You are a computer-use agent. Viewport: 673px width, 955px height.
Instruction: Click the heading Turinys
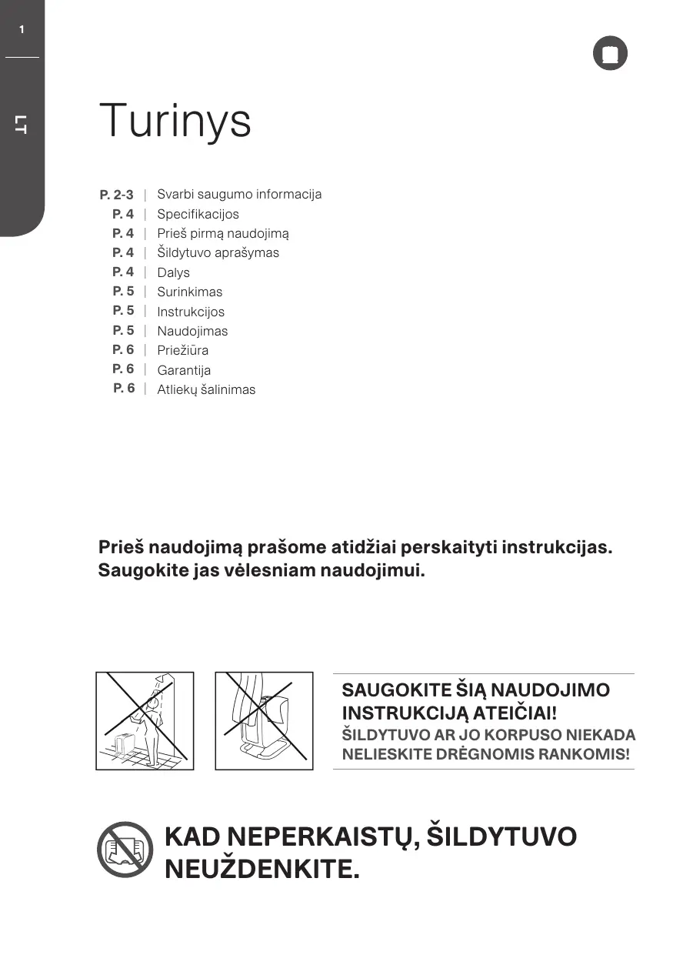click(175, 121)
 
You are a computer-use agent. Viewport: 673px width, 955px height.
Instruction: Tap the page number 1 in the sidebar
click(22, 29)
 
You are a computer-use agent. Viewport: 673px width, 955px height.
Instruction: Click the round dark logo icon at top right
click(610, 54)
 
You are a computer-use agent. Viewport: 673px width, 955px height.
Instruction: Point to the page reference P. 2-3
click(116, 195)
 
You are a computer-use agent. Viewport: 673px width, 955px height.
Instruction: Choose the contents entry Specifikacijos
click(198, 214)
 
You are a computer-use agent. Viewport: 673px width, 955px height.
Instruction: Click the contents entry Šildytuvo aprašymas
click(218, 252)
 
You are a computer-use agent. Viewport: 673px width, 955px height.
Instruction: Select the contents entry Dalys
click(173, 272)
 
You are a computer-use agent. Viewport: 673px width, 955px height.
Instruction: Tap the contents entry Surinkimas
click(189, 292)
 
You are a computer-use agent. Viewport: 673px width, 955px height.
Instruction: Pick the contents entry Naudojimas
click(192, 331)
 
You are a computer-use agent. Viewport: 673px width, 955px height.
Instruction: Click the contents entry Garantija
click(184, 370)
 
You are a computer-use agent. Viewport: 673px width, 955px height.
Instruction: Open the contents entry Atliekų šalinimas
click(206, 389)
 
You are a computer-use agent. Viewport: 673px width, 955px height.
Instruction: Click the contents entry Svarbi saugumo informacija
click(239, 194)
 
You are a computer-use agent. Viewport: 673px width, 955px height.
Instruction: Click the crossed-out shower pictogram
click(145, 720)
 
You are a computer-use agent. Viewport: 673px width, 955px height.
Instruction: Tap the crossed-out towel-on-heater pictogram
click(264, 720)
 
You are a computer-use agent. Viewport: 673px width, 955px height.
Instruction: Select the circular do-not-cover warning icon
click(125, 850)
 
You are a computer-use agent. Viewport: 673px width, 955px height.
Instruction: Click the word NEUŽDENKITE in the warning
click(262, 870)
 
